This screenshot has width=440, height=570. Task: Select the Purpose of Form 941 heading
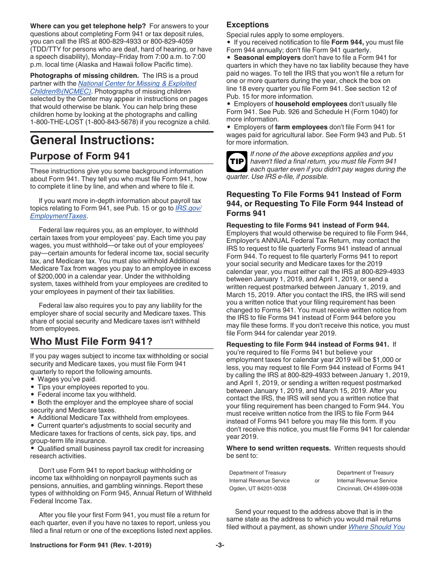80,156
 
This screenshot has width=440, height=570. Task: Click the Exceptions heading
247,25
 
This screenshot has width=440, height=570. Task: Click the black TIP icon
236,161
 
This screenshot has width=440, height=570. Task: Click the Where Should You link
376,527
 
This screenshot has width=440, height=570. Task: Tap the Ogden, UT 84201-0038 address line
258,488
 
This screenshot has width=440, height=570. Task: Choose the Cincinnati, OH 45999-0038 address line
369,488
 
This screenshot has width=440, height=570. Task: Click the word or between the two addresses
317,481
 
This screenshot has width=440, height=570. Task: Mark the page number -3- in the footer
220,545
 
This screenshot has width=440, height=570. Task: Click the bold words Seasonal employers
267,57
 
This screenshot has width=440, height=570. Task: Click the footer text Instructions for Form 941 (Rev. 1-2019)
90,545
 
